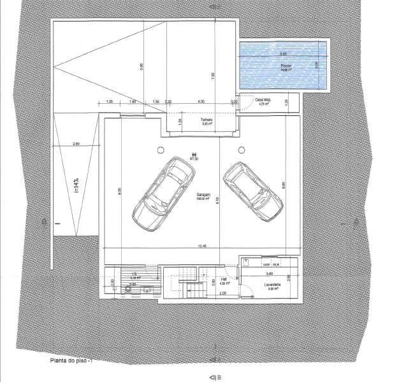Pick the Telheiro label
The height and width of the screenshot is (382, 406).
coord(206,120)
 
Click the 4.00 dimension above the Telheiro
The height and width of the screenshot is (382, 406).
coord(201,101)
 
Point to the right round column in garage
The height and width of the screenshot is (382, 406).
coord(241,150)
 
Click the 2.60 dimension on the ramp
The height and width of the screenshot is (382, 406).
coord(76,144)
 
